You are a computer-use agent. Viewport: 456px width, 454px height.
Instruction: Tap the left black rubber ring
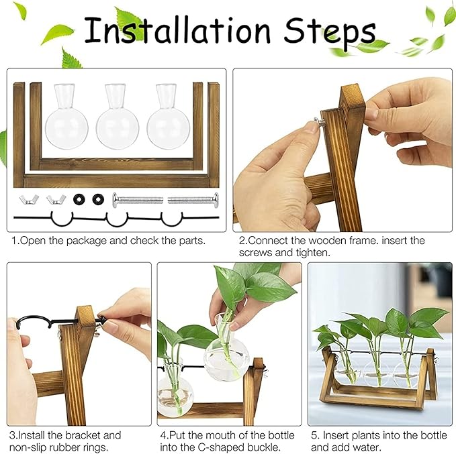(x=80, y=199)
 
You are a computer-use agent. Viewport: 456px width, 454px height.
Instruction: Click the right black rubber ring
(x=99, y=199)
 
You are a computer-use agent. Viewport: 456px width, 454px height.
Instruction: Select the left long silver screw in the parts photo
(x=138, y=198)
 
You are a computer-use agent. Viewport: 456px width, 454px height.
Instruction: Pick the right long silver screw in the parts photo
(x=193, y=198)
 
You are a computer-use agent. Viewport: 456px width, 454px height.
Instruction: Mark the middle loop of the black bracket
(x=118, y=219)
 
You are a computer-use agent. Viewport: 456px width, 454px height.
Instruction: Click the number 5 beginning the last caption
(x=313, y=435)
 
